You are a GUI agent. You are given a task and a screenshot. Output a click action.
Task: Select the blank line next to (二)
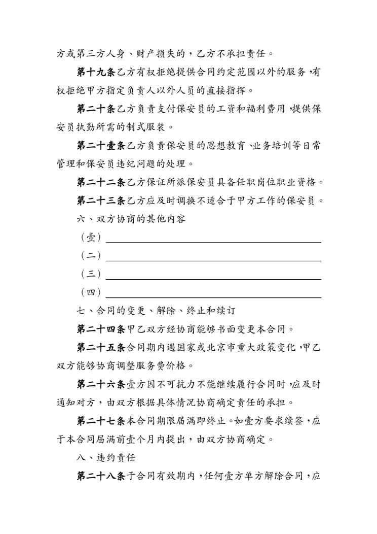(x=213, y=260)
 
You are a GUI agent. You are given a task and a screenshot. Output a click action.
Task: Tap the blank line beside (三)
(x=213, y=278)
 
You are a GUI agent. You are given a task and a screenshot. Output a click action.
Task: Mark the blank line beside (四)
(x=213, y=296)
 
